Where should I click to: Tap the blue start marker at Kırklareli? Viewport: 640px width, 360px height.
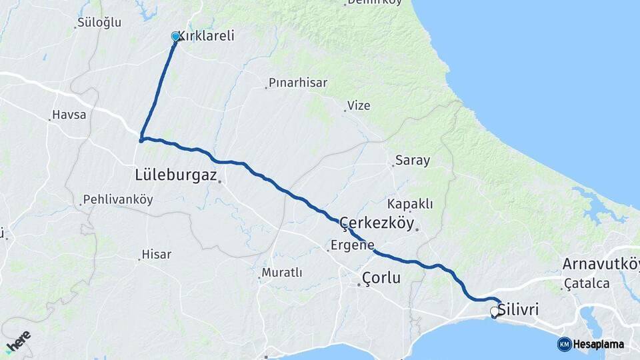176,37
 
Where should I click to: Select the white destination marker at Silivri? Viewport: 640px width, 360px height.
495,311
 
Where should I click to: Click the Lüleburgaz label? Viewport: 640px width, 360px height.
176,175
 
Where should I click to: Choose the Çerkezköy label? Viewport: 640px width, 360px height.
377,223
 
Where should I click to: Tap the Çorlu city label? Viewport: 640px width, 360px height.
381,277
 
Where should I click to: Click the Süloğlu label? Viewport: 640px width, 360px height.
99,22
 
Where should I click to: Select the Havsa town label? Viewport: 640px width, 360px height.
69,115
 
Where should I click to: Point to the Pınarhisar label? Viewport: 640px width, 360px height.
298,83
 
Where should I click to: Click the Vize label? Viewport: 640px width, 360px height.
358,105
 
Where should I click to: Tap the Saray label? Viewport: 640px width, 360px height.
413,160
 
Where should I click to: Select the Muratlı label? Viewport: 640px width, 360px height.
282,273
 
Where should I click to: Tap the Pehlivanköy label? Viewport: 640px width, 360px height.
118,199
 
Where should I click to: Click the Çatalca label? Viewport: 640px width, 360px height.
587,283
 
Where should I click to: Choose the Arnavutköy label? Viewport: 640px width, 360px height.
601,263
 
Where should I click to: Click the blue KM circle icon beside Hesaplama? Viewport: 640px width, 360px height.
564,344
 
